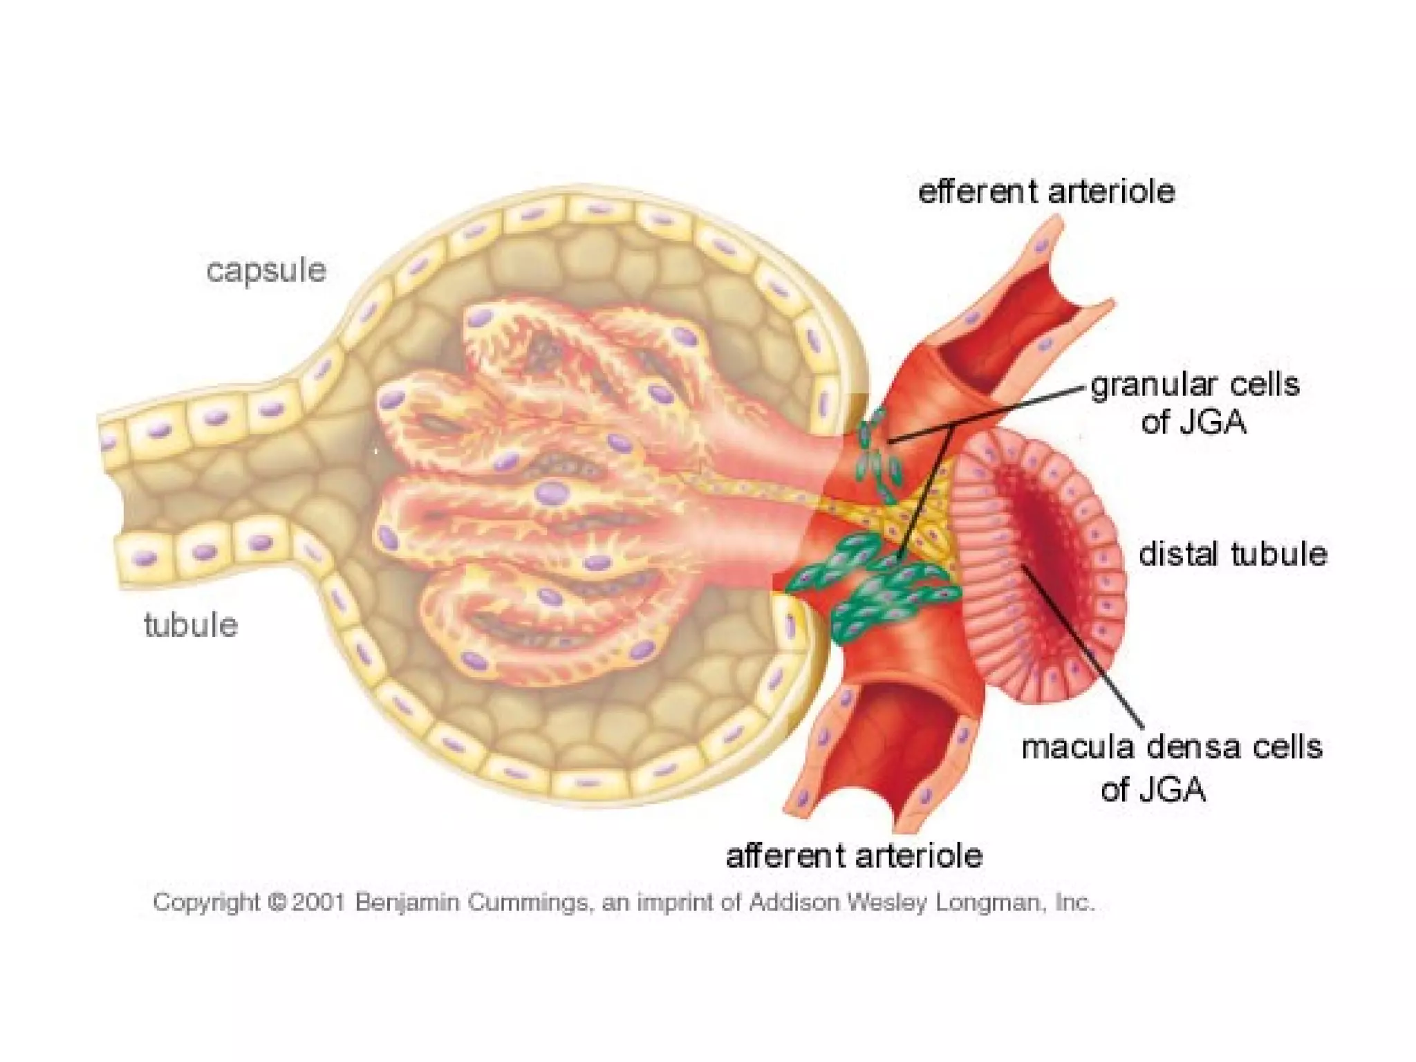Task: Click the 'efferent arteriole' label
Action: [x=1046, y=192]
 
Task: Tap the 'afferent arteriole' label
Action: [x=854, y=856]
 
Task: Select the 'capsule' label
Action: [x=266, y=270]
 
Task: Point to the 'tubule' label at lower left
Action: [x=191, y=625]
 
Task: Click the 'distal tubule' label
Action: [x=1233, y=555]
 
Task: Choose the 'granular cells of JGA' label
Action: [x=1195, y=403]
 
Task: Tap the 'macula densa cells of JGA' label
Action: [x=1171, y=767]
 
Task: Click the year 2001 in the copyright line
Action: [x=318, y=902]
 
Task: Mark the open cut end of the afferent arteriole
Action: [x=892, y=747]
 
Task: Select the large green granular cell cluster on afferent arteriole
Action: [x=878, y=588]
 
